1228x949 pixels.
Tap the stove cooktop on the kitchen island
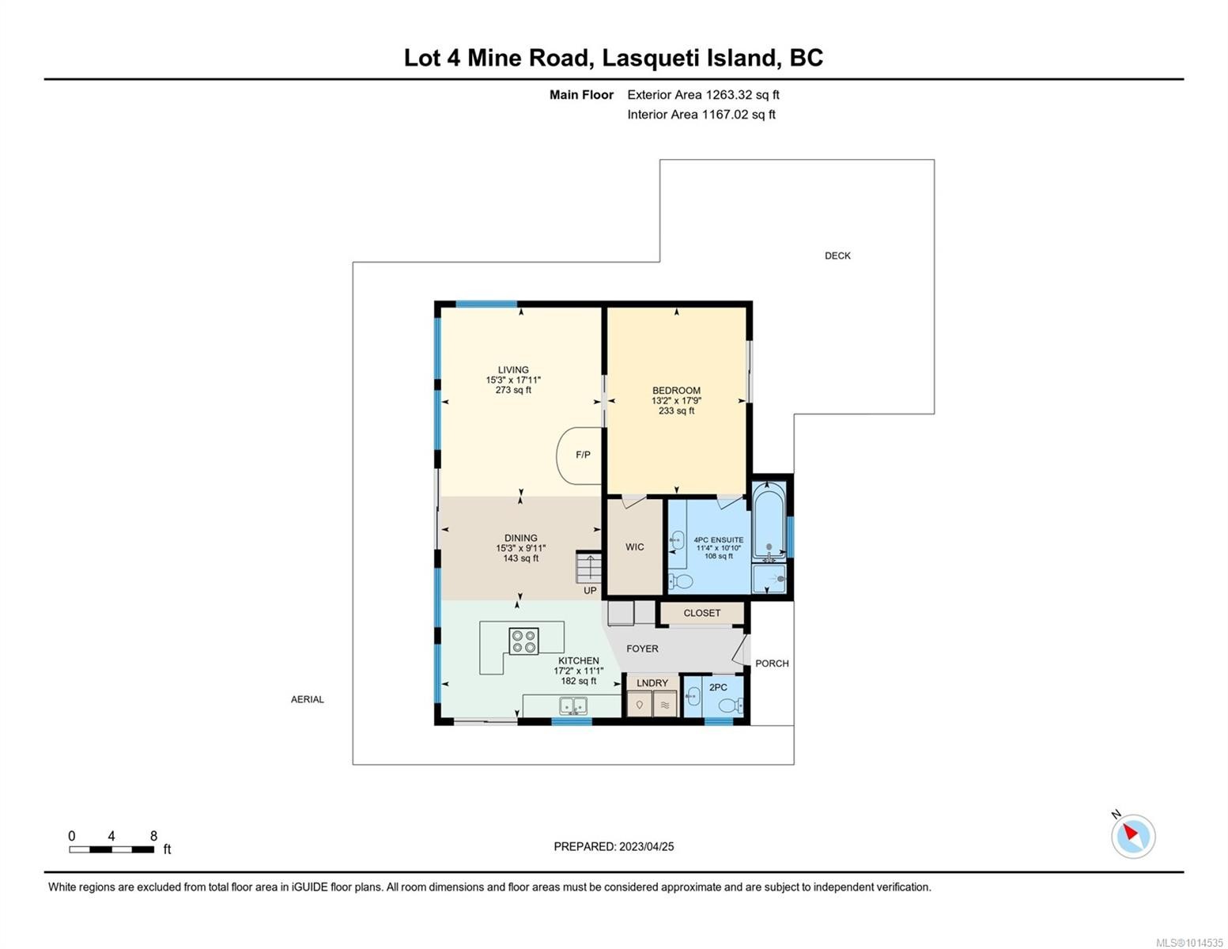coord(523,641)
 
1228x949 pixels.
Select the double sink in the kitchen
coord(572,705)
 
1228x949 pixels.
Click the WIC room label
coord(635,547)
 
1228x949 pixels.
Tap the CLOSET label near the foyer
coord(701,613)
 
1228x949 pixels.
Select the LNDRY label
coord(652,683)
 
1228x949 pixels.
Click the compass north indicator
coord(1133,835)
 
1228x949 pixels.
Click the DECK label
coord(837,255)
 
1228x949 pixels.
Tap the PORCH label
coord(772,664)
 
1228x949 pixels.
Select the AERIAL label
coord(308,699)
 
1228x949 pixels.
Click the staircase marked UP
coord(589,568)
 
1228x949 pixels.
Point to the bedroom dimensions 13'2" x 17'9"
coord(676,401)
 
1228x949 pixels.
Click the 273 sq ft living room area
coord(513,390)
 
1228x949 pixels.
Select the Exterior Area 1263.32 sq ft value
coord(703,95)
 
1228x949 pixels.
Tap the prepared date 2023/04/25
coord(646,846)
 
